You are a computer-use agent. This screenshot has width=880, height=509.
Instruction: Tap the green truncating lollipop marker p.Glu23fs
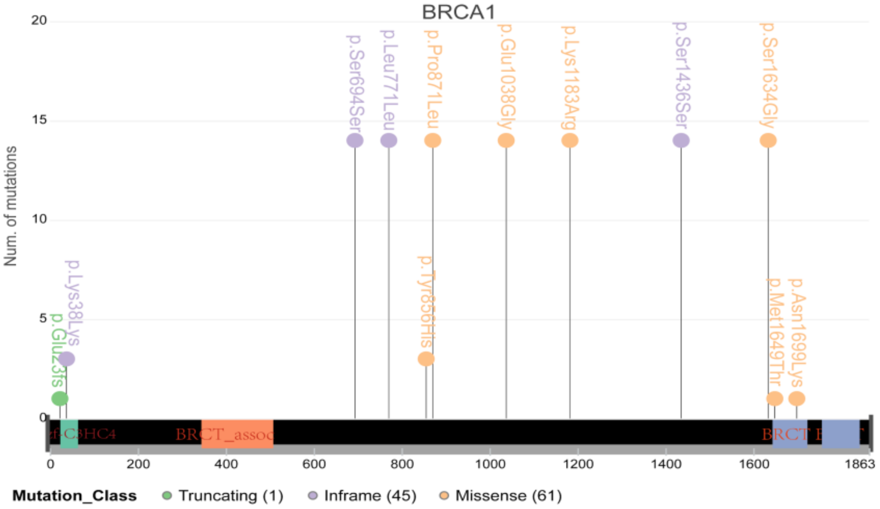coord(60,398)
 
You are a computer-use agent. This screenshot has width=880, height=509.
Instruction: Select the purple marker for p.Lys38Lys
coord(67,359)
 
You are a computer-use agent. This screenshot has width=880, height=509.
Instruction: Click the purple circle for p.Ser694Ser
coord(355,140)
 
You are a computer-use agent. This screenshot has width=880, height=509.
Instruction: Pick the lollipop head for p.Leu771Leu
coord(389,140)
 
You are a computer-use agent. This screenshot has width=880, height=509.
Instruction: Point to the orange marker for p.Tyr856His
coord(426,359)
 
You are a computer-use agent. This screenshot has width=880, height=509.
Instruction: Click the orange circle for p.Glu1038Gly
coord(506,140)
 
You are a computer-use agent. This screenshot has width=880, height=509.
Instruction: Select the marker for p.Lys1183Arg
coord(570,140)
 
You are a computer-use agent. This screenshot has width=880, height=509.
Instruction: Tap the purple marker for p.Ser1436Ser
coord(681,140)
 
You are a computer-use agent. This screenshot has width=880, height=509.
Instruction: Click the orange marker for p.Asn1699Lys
coord(797,398)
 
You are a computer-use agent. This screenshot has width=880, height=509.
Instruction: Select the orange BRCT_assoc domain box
coord(237,434)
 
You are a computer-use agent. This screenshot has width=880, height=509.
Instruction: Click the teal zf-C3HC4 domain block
coord(69,434)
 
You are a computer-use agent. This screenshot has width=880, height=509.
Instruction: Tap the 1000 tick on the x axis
coord(490,464)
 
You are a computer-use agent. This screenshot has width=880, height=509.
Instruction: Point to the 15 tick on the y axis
coord(39,120)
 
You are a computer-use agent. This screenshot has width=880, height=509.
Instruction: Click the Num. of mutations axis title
coord(11,206)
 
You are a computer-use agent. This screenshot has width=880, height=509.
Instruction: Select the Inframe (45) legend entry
coord(362,496)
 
